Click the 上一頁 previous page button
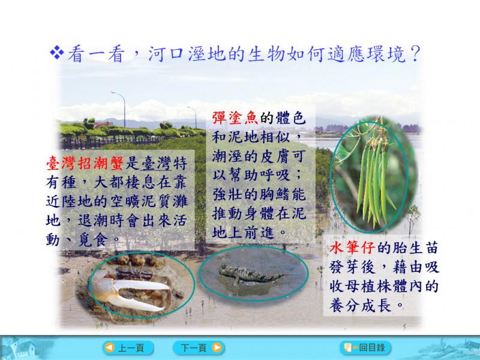(128, 348)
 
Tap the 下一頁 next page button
(199, 348)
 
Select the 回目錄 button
(365, 347)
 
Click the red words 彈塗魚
(235, 118)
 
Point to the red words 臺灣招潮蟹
(85, 163)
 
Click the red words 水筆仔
(352, 248)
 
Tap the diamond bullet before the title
(57, 52)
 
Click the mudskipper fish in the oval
(250, 274)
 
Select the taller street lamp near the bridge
(122, 109)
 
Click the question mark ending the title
(415, 54)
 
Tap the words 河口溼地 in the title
(187, 54)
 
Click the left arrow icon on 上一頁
(110, 348)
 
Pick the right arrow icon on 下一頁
(217, 348)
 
